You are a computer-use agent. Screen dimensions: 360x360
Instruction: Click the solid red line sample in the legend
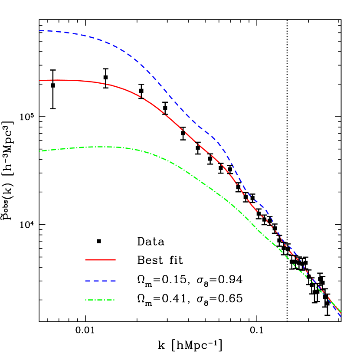[x=100, y=260]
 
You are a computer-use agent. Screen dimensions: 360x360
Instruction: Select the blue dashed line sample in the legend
[x=100, y=281]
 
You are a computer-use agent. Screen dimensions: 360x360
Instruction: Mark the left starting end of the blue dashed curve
[x=39, y=31]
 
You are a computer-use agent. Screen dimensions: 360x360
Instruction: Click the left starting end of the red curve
[x=39, y=80]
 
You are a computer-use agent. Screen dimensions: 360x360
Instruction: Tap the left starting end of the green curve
[x=39, y=151]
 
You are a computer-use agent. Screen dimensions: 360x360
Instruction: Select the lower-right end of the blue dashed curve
[x=340, y=317]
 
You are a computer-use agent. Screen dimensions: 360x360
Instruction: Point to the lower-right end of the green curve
[x=341, y=312]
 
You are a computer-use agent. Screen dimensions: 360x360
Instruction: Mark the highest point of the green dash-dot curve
[x=102, y=147]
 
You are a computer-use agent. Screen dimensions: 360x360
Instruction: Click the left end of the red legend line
[x=85, y=260]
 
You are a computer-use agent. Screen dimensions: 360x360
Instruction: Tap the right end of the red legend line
[x=115, y=260]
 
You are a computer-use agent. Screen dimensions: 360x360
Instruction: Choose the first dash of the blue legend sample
[x=88, y=281]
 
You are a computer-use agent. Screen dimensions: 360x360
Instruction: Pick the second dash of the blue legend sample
[x=96, y=281]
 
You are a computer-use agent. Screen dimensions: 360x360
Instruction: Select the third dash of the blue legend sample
[x=105, y=281]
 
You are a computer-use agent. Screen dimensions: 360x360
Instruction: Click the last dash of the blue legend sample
[x=113, y=281]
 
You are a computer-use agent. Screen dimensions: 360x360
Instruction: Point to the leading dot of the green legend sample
[x=86, y=300]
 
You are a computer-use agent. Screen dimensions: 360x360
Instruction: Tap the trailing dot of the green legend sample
[x=114, y=300]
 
